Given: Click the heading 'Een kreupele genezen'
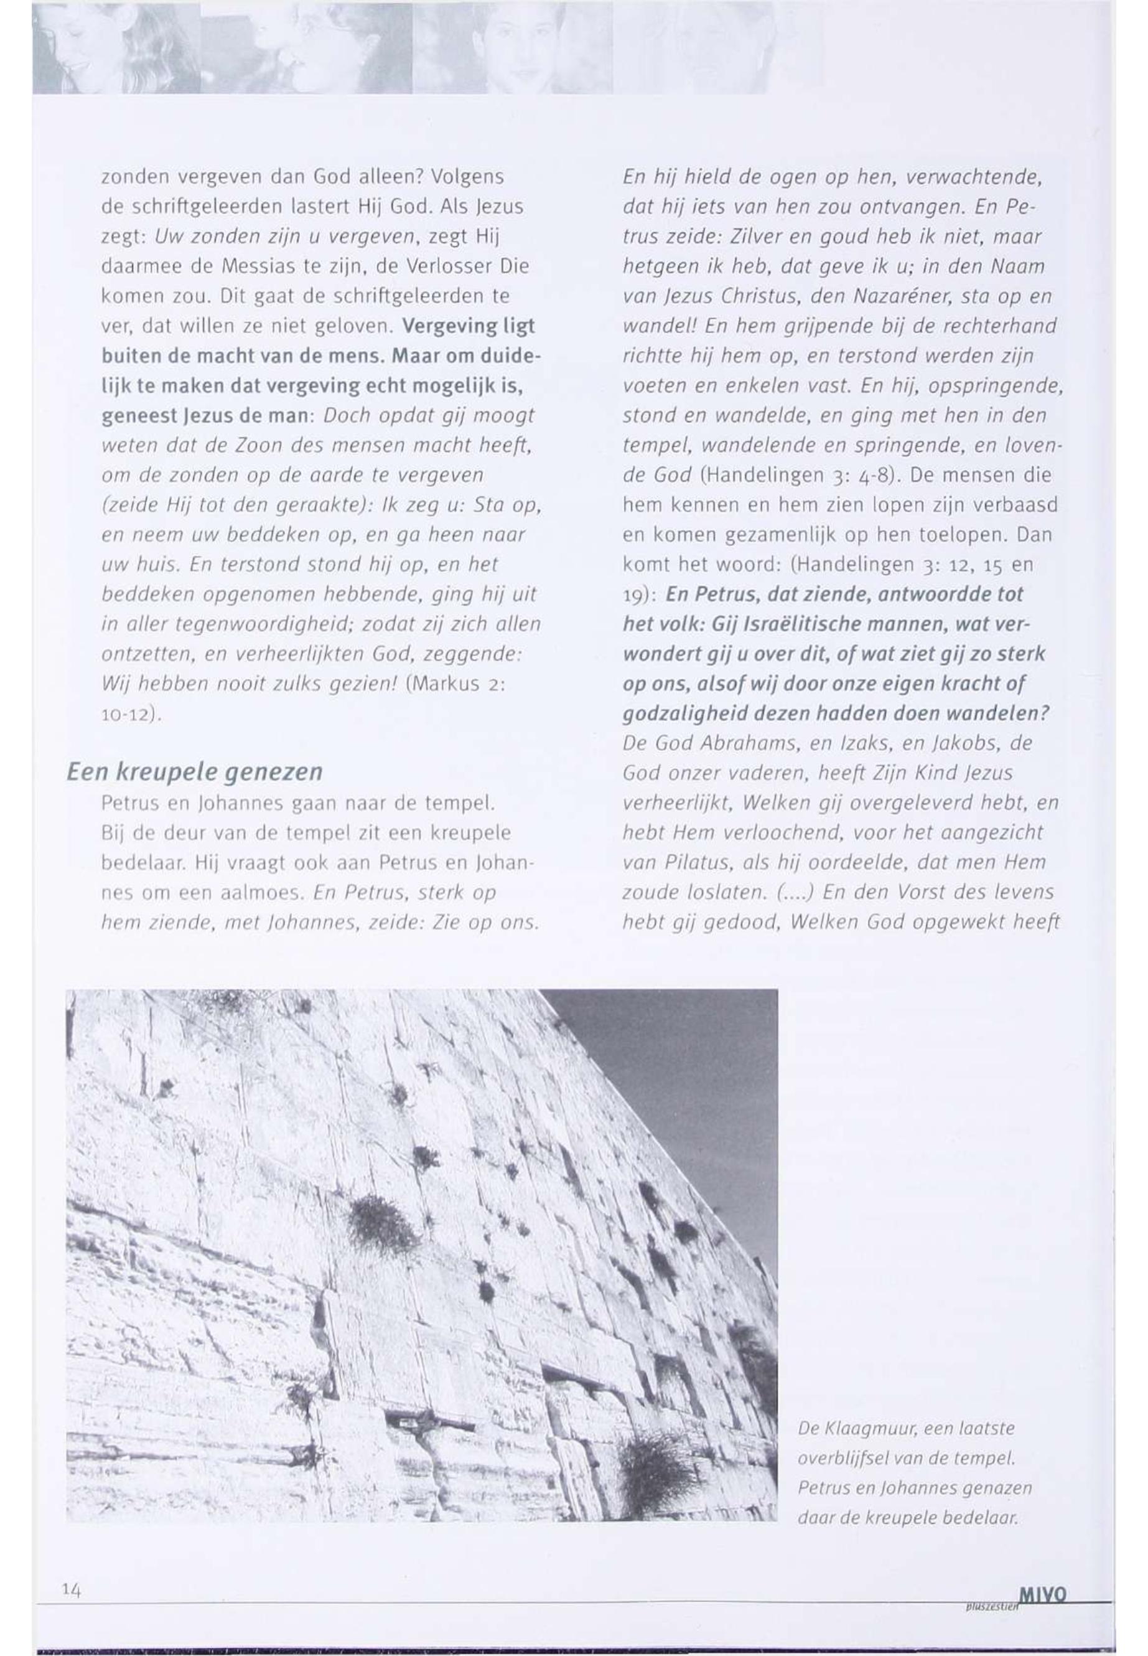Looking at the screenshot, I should (194, 772).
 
